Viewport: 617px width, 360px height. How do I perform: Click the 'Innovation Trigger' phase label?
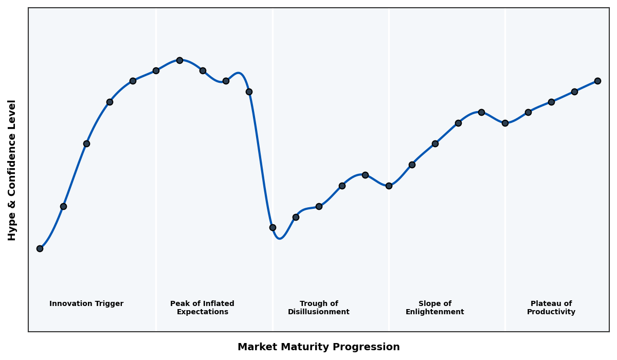click(86, 304)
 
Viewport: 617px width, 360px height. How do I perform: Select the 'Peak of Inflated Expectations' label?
click(202, 308)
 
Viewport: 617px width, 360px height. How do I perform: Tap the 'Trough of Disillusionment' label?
click(319, 308)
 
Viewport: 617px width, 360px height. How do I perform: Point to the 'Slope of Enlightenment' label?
click(434, 308)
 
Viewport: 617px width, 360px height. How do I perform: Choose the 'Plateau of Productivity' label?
click(551, 308)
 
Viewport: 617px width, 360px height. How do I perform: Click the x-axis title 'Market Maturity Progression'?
click(318, 347)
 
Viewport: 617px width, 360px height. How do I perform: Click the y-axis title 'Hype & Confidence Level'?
click(12, 170)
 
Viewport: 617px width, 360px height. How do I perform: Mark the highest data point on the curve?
click(179, 60)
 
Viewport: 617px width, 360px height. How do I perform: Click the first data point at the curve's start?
click(40, 248)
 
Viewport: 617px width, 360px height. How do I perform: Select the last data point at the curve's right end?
click(597, 81)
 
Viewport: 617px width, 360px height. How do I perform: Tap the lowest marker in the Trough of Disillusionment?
click(273, 227)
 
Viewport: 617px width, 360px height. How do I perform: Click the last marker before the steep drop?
click(249, 92)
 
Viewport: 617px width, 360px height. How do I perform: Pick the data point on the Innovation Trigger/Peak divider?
click(156, 70)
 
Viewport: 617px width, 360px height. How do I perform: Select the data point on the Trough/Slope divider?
click(389, 186)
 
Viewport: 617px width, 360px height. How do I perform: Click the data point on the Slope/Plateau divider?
click(505, 123)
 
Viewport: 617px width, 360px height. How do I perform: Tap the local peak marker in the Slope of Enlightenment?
click(481, 112)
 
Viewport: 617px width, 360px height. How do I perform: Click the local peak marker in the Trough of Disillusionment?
click(365, 175)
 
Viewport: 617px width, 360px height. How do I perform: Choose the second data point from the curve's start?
click(63, 206)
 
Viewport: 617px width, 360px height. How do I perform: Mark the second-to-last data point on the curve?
click(574, 92)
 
